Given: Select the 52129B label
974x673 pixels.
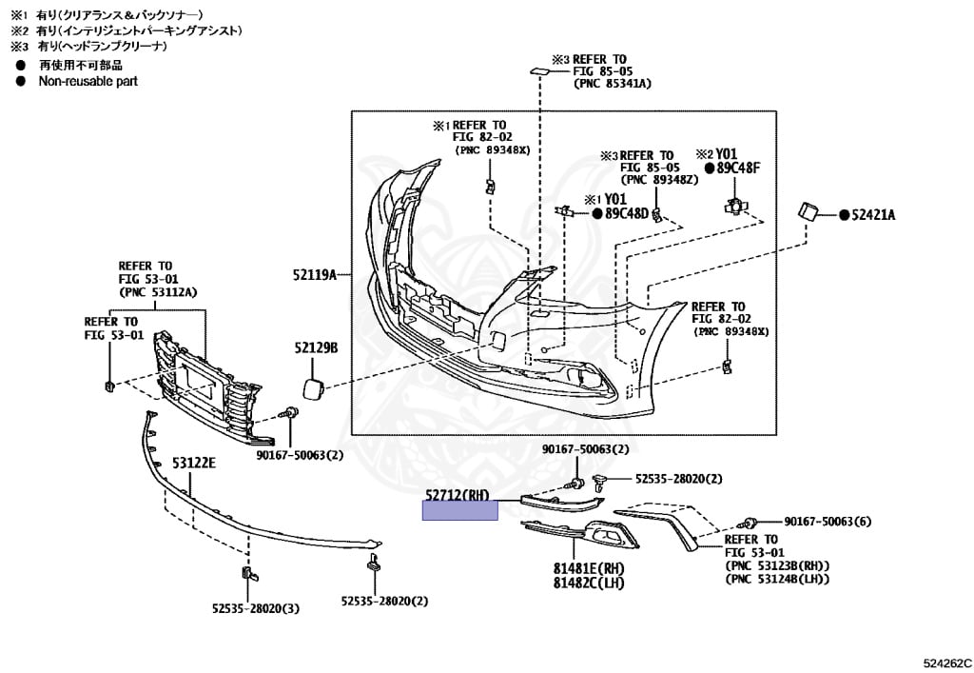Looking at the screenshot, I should (316, 348).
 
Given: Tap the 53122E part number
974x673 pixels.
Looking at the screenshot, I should (194, 464).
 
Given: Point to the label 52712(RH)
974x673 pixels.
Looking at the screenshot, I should (458, 495).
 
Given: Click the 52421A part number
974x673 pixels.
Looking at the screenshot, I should (872, 215).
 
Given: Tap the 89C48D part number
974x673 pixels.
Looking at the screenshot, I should (627, 213).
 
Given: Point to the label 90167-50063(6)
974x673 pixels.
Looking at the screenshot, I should (828, 522).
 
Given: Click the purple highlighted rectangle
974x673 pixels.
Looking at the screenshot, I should (460, 511).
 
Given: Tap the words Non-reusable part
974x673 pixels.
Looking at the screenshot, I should (88, 82).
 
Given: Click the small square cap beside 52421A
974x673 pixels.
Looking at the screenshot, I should (808, 211).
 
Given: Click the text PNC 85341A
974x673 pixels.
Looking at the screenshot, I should (613, 84).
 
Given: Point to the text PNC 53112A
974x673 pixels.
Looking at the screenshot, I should (158, 291).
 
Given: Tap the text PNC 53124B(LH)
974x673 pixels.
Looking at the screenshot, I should (777, 579).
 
